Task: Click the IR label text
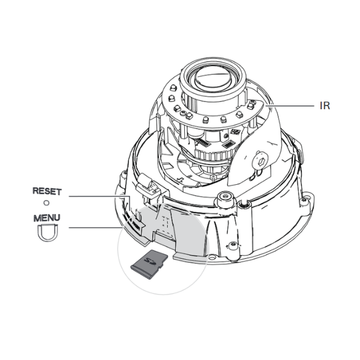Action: coord(325,106)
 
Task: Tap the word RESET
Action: coord(47,191)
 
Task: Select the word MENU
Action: coord(47,218)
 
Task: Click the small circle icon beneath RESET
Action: coord(46,203)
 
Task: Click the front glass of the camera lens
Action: coord(212,77)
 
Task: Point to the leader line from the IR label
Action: coord(290,106)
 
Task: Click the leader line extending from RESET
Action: coord(100,196)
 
